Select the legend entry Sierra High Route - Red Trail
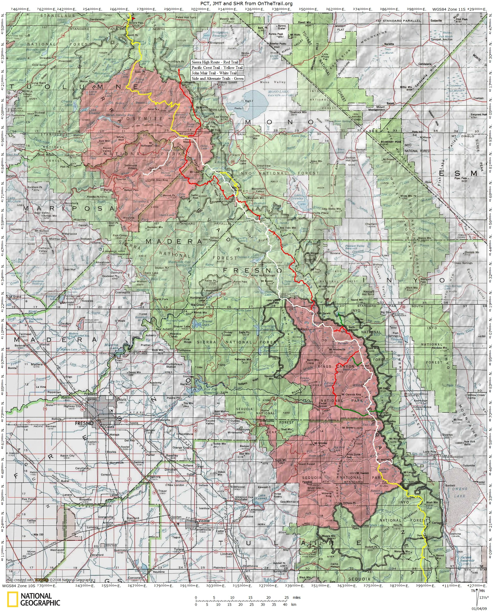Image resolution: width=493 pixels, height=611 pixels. (x=214, y=62)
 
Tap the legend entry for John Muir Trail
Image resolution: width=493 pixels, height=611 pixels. (x=214, y=73)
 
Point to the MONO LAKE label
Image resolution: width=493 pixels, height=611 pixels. (x=279, y=92)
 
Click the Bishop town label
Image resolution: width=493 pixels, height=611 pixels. (x=377, y=264)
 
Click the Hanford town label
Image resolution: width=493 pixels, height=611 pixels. (x=133, y=510)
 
